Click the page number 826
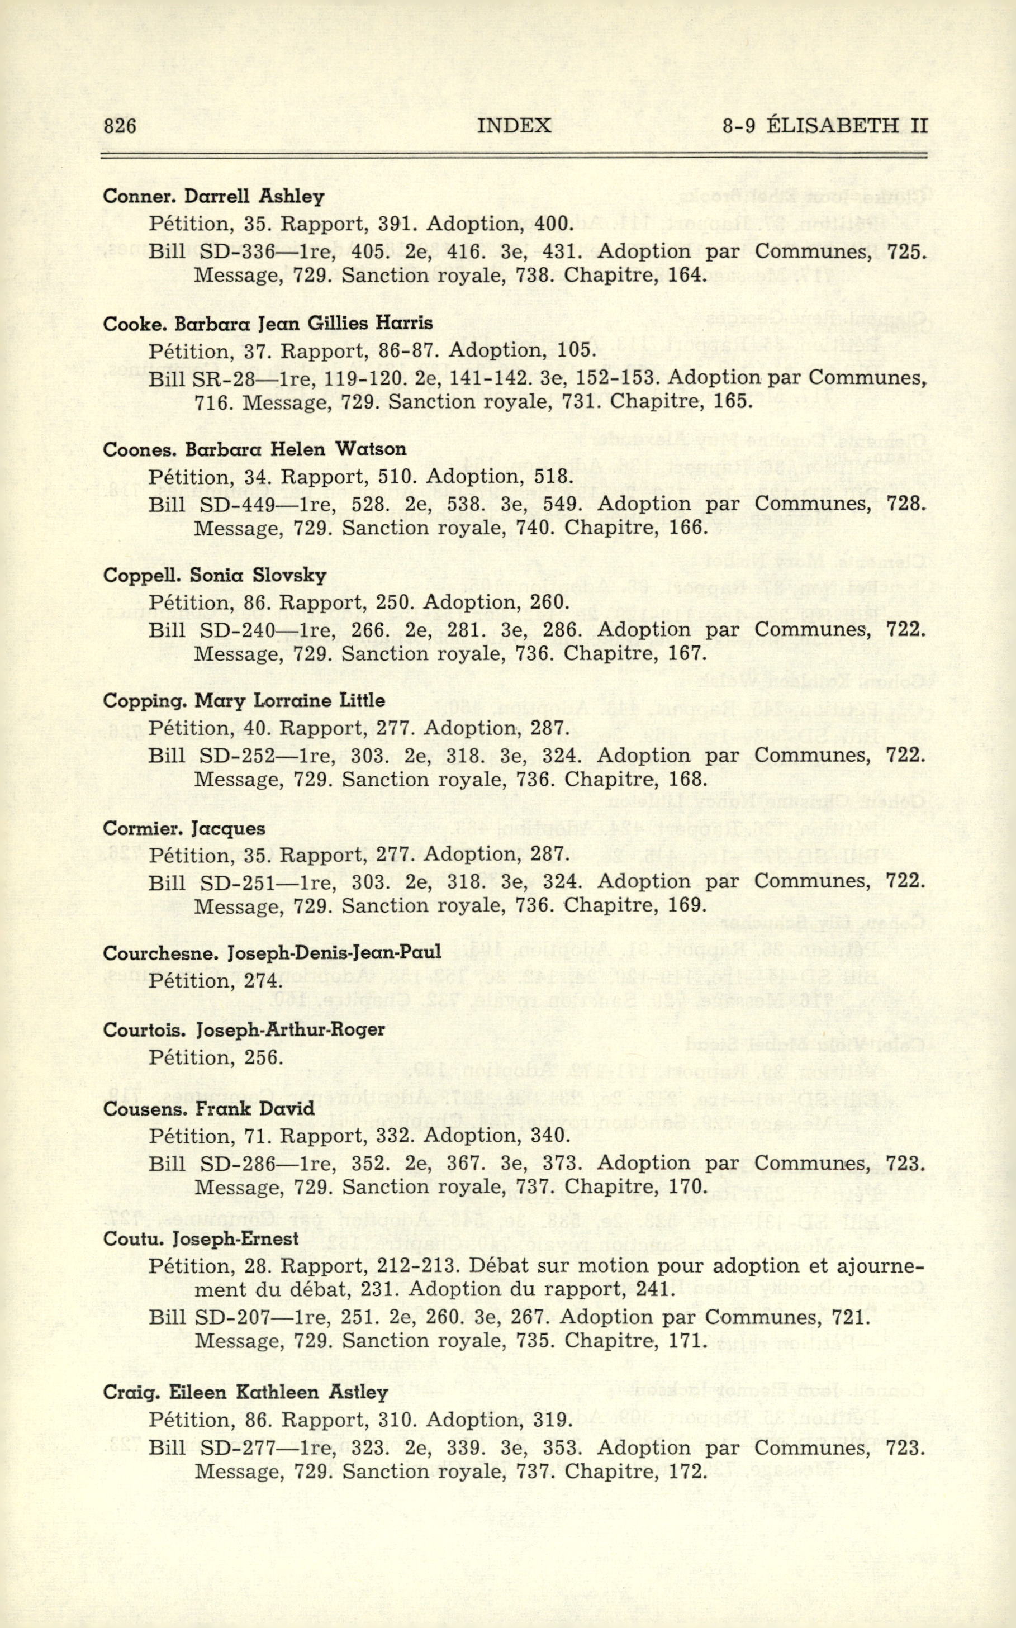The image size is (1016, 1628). [120, 126]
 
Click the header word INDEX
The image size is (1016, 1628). [514, 126]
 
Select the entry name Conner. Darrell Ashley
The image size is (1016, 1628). [213, 196]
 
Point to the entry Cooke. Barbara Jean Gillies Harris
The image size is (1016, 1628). [268, 323]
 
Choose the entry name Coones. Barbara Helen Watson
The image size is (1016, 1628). [255, 449]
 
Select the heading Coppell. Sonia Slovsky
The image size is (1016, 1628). [215, 575]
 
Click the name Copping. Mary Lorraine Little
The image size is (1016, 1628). [243, 701]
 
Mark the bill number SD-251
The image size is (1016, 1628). [237, 881]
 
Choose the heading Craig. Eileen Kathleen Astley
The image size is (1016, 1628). [245, 1392]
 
